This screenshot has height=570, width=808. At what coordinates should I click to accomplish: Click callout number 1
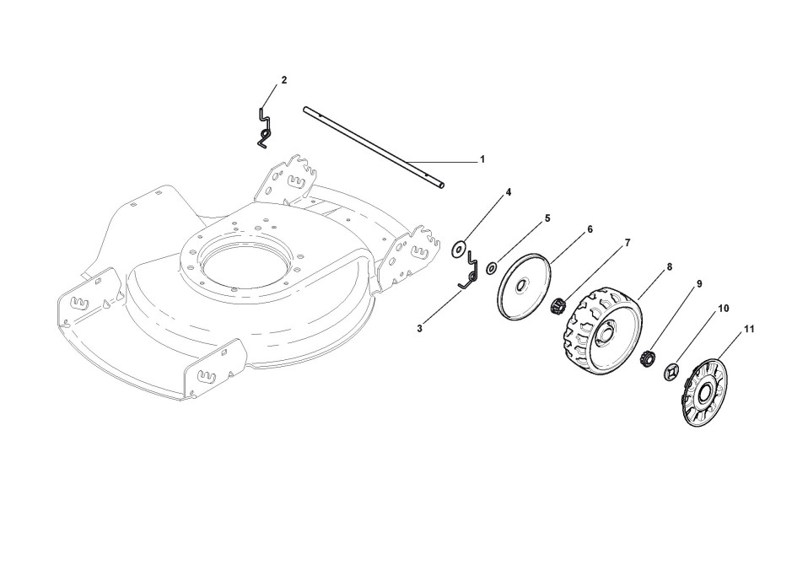click(x=482, y=159)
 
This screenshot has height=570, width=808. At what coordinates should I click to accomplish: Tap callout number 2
click(x=284, y=80)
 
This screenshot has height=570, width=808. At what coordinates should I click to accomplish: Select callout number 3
click(x=419, y=328)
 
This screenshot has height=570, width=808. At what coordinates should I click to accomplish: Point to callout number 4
click(x=509, y=192)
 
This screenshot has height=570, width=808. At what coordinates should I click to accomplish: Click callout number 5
click(x=547, y=218)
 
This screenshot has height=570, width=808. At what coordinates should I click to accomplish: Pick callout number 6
click(x=590, y=229)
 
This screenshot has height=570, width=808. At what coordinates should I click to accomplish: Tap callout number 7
click(x=628, y=242)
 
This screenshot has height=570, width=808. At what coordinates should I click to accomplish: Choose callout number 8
click(x=669, y=266)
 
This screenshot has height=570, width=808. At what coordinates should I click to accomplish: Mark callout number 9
click(x=699, y=284)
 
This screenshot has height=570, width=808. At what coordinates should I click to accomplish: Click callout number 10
click(x=723, y=309)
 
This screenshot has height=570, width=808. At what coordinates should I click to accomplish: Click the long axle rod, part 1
click(x=371, y=147)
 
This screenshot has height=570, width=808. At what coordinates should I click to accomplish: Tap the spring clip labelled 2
click(x=265, y=126)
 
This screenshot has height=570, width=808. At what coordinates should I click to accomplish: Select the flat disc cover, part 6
click(x=523, y=288)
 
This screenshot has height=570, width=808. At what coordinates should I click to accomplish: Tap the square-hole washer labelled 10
click(x=672, y=370)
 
